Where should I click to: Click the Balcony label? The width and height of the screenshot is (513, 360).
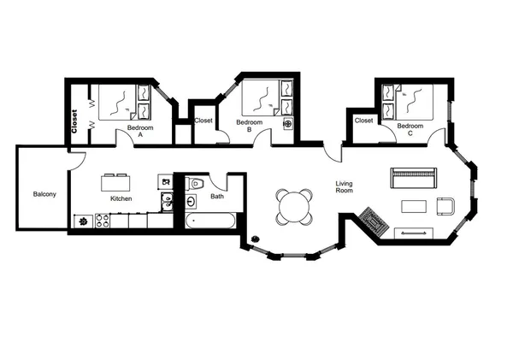44,194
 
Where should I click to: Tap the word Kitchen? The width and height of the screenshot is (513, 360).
121,199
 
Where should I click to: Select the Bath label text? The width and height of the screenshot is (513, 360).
217,197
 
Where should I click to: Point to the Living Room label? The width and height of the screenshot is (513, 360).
345,186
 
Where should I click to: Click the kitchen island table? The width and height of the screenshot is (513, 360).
116,182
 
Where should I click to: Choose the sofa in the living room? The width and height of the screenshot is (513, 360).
413,178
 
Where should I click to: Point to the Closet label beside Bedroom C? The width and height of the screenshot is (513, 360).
363,121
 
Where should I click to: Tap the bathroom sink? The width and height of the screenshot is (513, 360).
192,201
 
